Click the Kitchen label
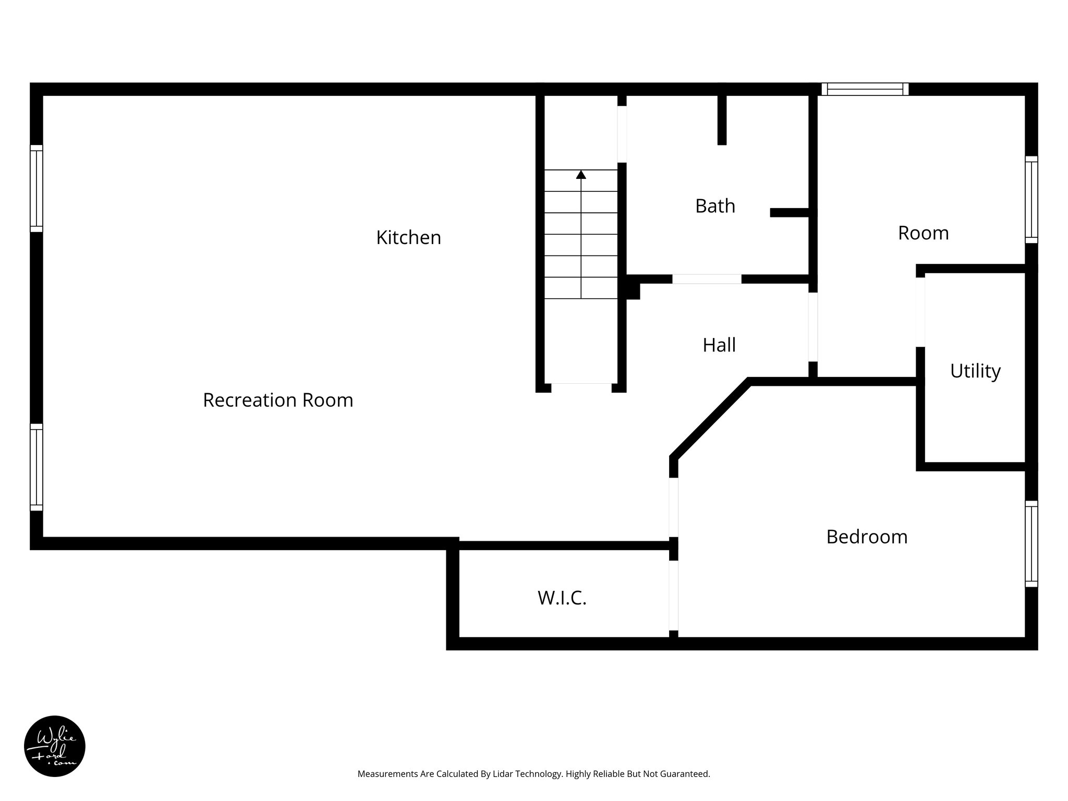pos(408,238)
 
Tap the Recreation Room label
pos(278,400)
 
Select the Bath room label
pos(715,207)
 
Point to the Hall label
pos(719,345)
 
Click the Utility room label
pos(975,371)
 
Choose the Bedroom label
pos(867,537)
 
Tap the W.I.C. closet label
pos(562,598)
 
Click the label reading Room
pos(923,233)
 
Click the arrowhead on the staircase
pos(581,175)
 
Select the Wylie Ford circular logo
pos(55,746)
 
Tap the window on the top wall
pos(865,89)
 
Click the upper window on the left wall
pos(37,188)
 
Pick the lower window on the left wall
pos(37,467)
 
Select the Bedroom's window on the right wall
pos(1031,544)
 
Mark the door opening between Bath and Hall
pos(707,279)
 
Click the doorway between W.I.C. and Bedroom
pos(673,596)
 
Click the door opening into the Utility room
pos(920,312)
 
